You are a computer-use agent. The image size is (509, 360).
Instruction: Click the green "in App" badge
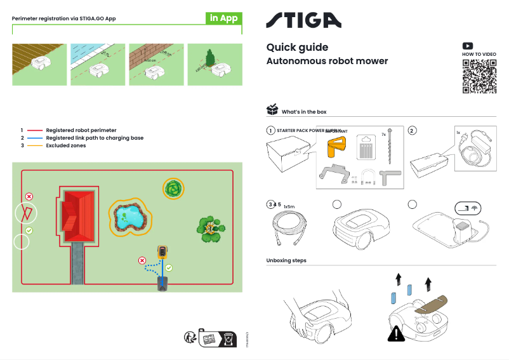224,18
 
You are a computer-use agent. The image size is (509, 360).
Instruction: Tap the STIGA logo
303,20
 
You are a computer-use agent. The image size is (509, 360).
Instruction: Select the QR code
479,77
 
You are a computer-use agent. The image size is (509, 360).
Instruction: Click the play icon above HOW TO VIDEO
467,46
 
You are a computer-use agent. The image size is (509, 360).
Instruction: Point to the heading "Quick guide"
297,48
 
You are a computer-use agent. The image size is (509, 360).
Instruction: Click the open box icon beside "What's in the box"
272,110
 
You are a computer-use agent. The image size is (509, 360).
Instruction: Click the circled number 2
412,131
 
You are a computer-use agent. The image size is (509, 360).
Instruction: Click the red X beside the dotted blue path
142,260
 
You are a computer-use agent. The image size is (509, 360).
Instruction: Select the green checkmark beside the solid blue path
169,268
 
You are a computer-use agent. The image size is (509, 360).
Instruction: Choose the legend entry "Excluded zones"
65,146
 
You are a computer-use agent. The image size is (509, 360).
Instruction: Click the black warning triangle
397,332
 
